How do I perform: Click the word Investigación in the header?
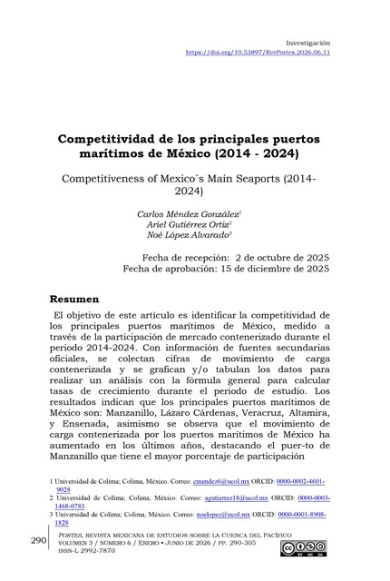[307, 43]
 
